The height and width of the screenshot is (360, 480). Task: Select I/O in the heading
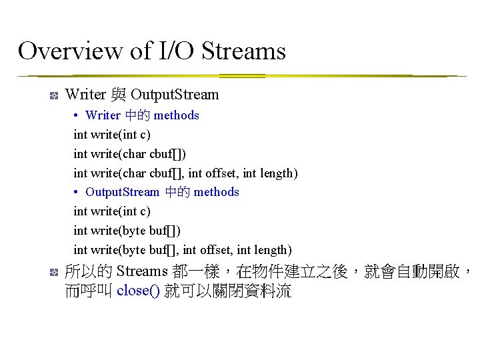point(175,51)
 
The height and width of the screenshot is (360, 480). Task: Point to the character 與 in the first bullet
point(118,95)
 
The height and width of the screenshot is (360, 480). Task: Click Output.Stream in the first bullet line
point(175,95)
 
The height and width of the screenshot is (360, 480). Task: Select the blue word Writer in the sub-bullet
point(103,115)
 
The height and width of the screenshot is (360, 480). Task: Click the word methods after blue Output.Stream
point(216,192)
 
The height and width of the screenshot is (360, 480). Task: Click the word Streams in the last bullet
point(141,271)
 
